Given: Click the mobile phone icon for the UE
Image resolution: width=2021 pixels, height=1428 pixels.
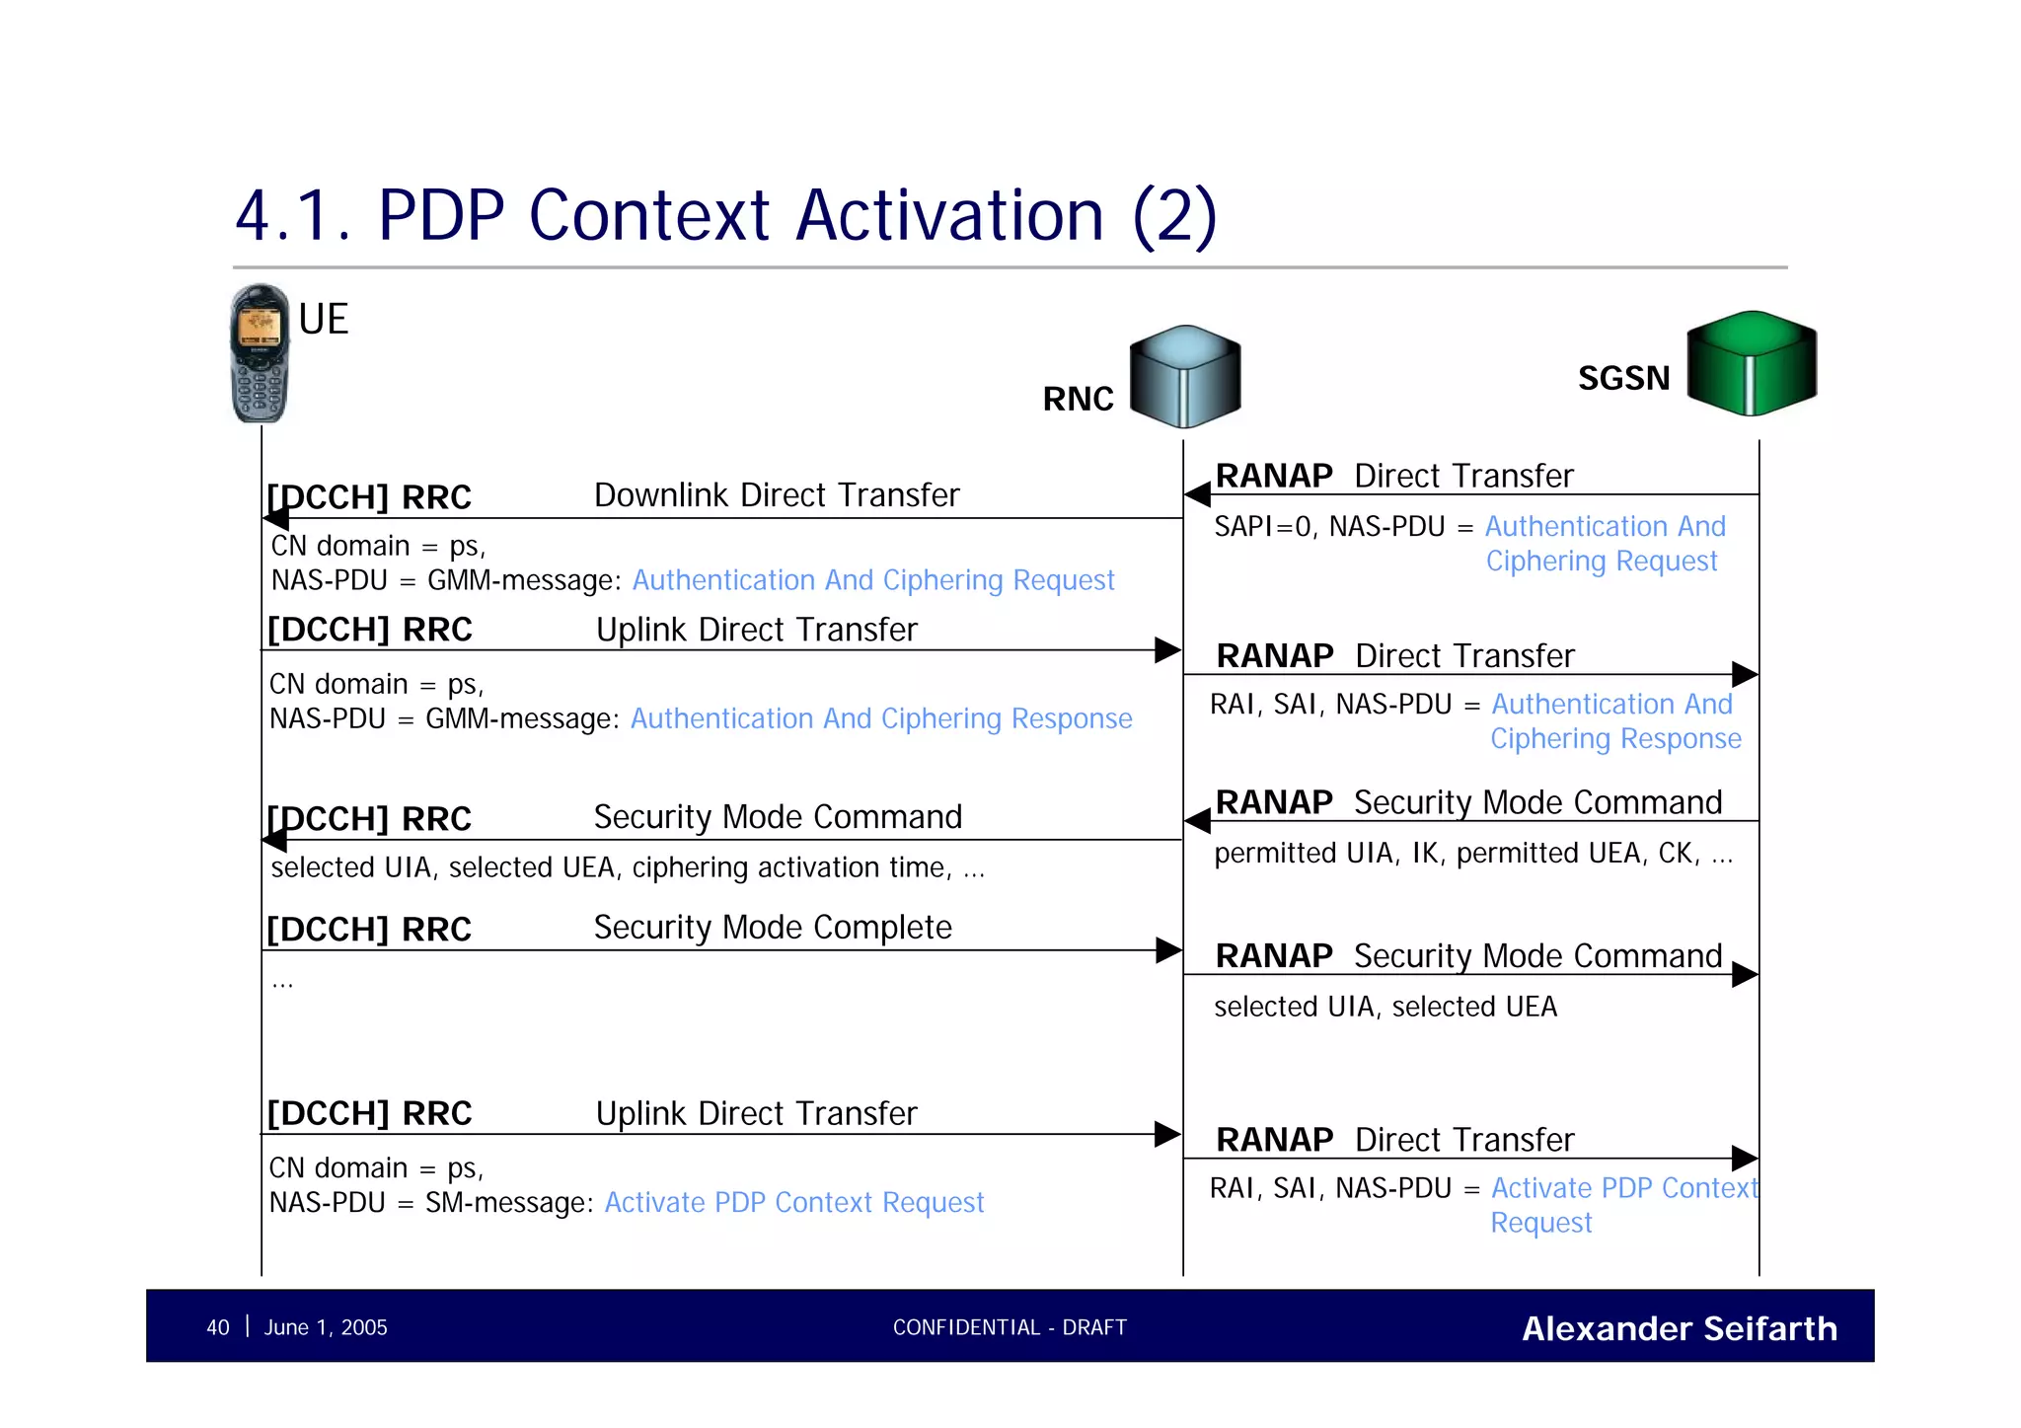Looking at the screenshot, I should [x=260, y=354].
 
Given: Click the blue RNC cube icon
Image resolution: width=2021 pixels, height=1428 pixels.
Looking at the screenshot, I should [x=1184, y=377].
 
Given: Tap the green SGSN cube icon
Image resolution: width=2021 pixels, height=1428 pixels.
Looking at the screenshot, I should [x=1752, y=363].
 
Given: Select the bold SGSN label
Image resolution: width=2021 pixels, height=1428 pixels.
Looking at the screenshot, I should [x=1623, y=378].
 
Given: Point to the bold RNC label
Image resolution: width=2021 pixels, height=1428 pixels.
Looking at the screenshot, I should [x=1078, y=399].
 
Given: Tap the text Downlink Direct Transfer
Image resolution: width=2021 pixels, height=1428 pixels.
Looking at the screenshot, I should [x=776, y=494].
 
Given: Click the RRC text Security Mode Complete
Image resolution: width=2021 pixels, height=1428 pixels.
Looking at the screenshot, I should [x=772, y=927].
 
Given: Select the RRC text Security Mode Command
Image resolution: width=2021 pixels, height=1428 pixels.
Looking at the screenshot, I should [x=777, y=816].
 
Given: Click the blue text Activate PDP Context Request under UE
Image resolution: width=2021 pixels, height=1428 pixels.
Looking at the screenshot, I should [x=793, y=1202].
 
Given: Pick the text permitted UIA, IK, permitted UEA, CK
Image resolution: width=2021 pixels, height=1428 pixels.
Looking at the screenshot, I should [x=1471, y=853].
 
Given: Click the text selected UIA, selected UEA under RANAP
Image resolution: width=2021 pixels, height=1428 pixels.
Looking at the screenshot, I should [x=1385, y=1006].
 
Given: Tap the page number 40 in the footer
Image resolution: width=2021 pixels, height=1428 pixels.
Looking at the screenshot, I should [x=217, y=1327].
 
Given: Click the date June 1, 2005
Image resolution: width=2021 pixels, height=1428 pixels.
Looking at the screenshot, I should [x=326, y=1327].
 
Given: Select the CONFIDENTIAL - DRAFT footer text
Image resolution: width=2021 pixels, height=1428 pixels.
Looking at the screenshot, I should [x=1009, y=1327].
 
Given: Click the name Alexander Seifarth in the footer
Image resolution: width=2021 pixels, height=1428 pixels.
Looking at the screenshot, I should [x=1679, y=1328].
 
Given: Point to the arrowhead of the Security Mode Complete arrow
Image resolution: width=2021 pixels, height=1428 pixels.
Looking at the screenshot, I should [x=1168, y=950].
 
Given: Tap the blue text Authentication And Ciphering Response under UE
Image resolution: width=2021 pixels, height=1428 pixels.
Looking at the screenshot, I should [x=880, y=718].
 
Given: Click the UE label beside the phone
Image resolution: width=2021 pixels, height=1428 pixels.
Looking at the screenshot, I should [x=323, y=320].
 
